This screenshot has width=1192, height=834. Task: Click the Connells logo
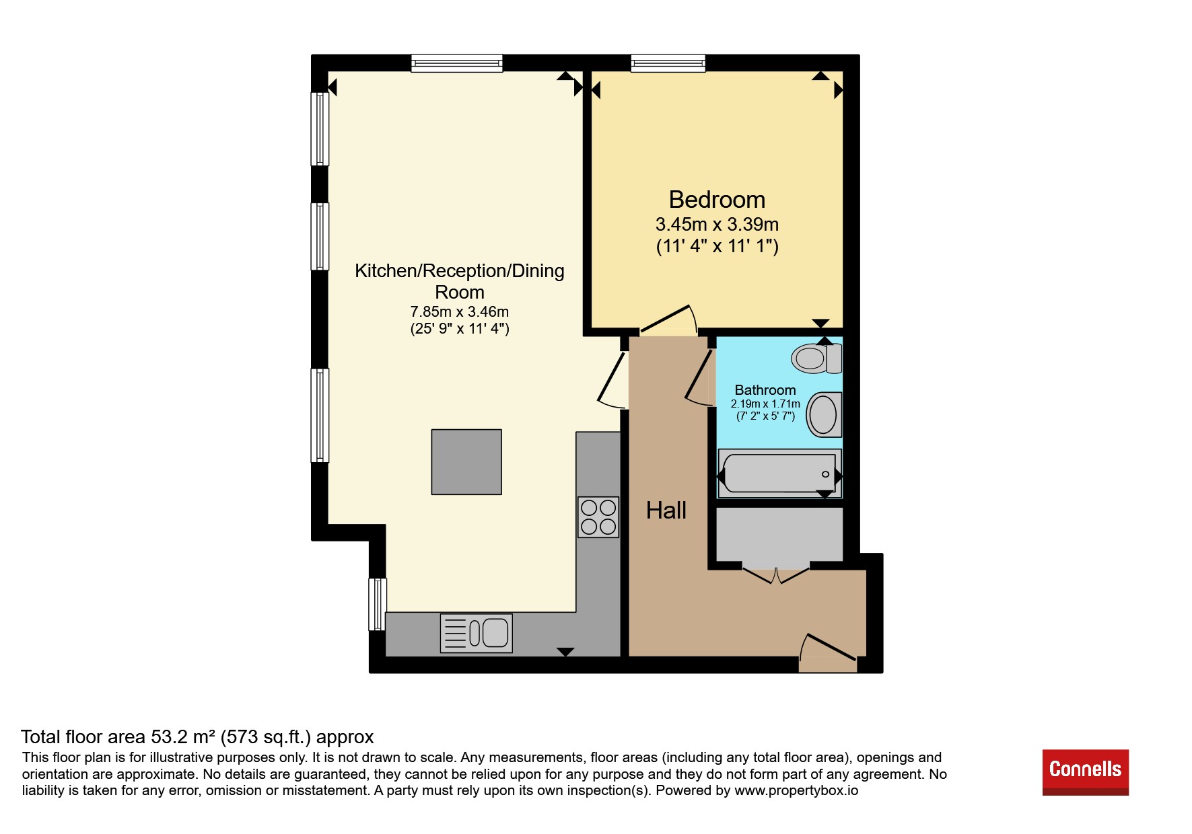(x=1085, y=772)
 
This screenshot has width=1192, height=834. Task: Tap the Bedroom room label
(x=717, y=200)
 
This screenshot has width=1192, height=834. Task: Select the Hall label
(x=666, y=510)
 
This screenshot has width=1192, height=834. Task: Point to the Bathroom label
(x=765, y=390)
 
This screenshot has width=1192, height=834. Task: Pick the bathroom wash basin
(x=824, y=414)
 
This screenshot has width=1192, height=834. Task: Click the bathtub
(x=779, y=473)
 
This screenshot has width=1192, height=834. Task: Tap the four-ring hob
(x=598, y=517)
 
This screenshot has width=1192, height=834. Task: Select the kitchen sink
(x=476, y=633)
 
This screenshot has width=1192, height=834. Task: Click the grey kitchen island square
(x=466, y=462)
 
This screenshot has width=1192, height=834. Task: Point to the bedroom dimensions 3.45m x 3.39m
(x=717, y=225)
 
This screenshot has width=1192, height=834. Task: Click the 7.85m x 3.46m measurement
(x=460, y=312)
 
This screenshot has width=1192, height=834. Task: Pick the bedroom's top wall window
(x=668, y=63)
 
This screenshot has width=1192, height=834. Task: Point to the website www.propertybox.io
(x=796, y=790)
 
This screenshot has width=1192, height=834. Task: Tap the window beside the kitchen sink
(x=378, y=604)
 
